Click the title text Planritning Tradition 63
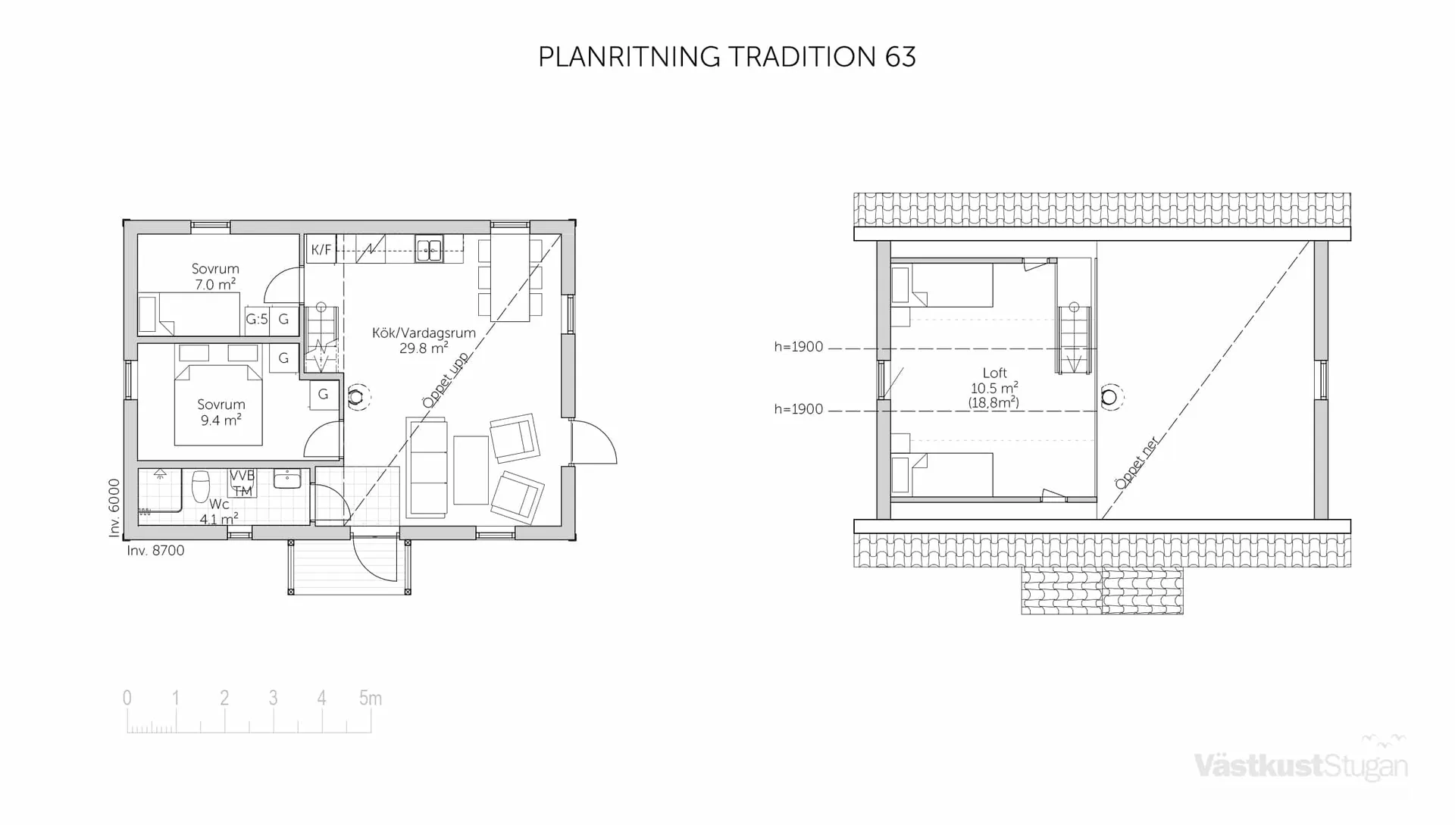[727, 58]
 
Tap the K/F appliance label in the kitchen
[321, 250]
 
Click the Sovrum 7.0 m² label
[215, 277]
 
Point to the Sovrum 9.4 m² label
[221, 411]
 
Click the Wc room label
[219, 505]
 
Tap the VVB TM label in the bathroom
[242, 483]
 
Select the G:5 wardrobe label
[257, 320]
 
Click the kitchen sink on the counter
[428, 249]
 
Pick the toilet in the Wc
[200, 486]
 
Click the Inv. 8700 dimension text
[156, 551]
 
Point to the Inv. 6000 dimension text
[114, 508]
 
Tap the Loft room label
[994, 373]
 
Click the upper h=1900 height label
[798, 347]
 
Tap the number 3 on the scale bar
[273, 698]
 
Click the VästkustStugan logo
[1300, 765]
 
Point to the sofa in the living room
[427, 467]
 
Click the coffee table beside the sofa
[471, 470]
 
